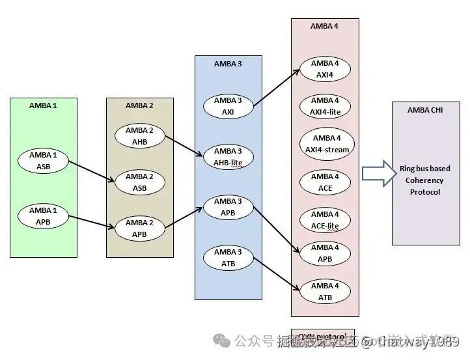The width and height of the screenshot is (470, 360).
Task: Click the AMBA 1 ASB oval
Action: (43, 161)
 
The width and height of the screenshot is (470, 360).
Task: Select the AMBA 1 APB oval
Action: (43, 215)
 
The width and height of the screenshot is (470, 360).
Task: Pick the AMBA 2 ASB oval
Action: (139, 182)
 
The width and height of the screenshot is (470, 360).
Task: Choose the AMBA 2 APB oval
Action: (139, 228)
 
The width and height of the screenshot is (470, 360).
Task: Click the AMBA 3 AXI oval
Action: (228, 106)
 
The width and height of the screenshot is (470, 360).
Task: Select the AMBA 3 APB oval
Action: (228, 207)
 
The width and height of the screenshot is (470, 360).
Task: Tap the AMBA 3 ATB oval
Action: (228, 258)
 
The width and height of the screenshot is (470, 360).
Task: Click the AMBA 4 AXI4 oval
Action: (325, 69)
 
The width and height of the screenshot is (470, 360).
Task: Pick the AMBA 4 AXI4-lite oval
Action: (325, 105)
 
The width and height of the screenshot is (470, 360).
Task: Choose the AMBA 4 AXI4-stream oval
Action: (326, 144)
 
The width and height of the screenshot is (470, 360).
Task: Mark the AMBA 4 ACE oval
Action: (325, 182)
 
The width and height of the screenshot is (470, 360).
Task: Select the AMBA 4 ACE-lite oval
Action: (325, 219)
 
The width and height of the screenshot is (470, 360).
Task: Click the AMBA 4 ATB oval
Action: (325, 292)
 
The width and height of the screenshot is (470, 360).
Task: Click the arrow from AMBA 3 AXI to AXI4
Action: (276, 87)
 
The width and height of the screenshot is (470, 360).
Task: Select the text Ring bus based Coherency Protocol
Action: (424, 180)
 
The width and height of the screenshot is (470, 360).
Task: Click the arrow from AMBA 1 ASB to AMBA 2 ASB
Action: (90, 173)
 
